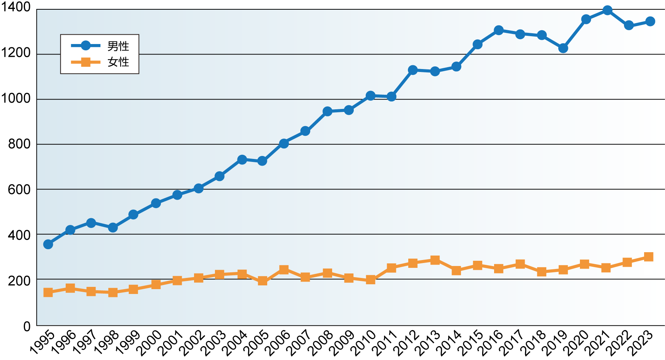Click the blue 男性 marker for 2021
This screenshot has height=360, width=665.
(x=607, y=10)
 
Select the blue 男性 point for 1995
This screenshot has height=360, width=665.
(x=48, y=244)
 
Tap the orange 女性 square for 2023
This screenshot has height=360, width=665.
(x=649, y=257)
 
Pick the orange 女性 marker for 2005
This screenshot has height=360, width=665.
(x=262, y=281)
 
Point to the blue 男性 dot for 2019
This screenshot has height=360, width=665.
(x=563, y=48)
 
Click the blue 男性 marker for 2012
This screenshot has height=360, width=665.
(x=413, y=70)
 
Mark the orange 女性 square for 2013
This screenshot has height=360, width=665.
(x=435, y=260)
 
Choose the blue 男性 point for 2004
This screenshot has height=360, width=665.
(x=242, y=160)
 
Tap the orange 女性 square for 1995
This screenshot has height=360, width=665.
(x=48, y=292)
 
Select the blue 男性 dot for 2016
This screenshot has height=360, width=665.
(x=499, y=30)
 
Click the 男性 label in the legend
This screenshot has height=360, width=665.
(x=118, y=46)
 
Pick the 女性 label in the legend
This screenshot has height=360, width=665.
(x=118, y=62)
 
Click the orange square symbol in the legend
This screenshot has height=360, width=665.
(x=86, y=62)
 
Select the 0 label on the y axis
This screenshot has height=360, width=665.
(x=27, y=326)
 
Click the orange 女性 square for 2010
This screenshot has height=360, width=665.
(x=371, y=280)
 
